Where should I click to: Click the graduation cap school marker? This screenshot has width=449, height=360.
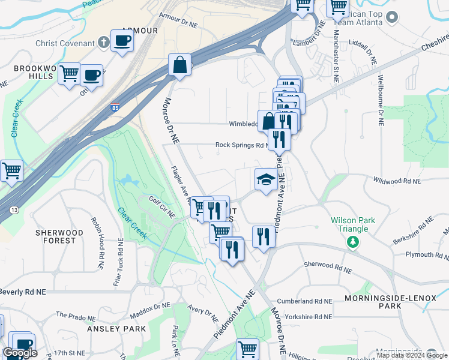266,179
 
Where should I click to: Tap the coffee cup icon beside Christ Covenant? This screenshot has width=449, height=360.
122,41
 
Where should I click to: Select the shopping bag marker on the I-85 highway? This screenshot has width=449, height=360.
180,65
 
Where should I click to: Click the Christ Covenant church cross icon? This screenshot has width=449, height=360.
104,43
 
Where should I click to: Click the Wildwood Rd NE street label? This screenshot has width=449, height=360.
399,179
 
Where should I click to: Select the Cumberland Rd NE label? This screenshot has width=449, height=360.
304,301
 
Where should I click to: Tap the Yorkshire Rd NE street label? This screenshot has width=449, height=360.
304,316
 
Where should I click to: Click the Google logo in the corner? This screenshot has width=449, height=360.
20,353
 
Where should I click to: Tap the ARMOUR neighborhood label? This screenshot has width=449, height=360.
139,30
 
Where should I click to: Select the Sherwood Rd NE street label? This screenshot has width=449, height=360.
327,264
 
